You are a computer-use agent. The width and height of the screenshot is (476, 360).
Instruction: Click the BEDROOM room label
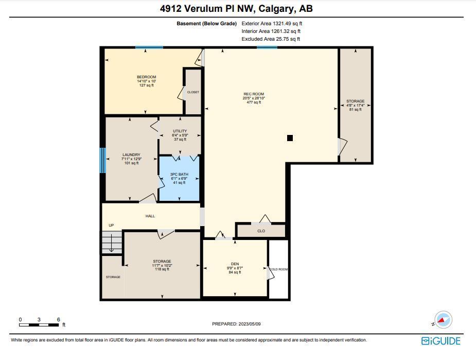pyautogui.click(x=146, y=77)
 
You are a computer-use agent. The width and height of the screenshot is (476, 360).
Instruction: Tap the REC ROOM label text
pyautogui.click(x=254, y=94)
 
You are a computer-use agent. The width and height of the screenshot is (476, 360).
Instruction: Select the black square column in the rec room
pyautogui.click(x=290, y=138)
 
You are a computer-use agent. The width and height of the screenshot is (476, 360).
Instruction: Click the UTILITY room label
pyautogui.click(x=180, y=131)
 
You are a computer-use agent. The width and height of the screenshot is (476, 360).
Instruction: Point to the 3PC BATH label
pyautogui.click(x=179, y=174)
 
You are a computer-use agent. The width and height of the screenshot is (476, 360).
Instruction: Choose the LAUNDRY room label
pyautogui.click(x=131, y=155)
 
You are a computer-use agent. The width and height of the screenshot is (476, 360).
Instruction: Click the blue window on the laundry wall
pyautogui.click(x=103, y=160)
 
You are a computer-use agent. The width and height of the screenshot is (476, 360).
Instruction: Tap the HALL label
pyautogui.click(x=150, y=216)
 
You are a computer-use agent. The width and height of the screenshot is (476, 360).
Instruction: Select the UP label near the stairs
pyautogui.click(x=112, y=225)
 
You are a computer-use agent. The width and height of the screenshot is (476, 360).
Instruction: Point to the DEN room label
pyautogui.click(x=235, y=264)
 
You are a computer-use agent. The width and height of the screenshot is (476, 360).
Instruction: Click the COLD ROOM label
pyautogui.click(x=279, y=269)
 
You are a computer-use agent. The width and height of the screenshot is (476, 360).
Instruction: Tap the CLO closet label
pyautogui.click(x=261, y=231)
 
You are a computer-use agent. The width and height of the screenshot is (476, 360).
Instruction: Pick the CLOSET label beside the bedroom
pyautogui.click(x=193, y=92)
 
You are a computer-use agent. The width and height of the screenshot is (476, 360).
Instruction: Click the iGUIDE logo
pyautogui.click(x=441, y=341)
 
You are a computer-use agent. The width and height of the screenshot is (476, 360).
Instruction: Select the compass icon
pyautogui.click(x=443, y=320)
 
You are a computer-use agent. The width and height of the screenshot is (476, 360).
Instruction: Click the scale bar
pyautogui.click(x=39, y=325)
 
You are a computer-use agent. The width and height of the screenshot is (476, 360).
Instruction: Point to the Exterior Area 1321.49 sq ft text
pyautogui.click(x=272, y=23)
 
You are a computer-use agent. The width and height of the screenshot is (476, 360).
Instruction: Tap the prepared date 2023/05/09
pyautogui.click(x=250, y=324)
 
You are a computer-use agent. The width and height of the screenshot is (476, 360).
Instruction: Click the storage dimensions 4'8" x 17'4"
pyautogui.click(x=356, y=105)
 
